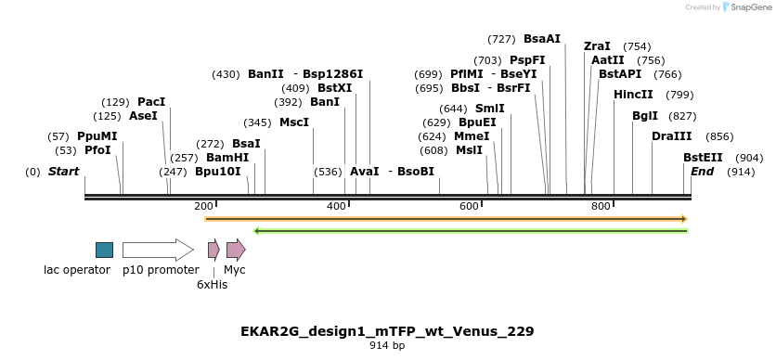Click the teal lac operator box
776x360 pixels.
point(104,250)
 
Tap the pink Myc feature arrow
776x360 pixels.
point(236,250)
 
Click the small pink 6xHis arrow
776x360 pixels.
point(213,250)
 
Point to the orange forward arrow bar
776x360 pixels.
point(446,219)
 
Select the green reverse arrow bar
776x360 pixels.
point(471,230)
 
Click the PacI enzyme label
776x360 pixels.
point(151,101)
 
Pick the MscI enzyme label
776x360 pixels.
point(294,122)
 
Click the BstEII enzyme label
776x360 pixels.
point(703,158)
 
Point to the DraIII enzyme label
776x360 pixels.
point(671,136)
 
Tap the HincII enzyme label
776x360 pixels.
point(633,95)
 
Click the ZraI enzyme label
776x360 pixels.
point(597,46)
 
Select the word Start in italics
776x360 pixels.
point(63,172)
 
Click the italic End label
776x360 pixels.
point(702,172)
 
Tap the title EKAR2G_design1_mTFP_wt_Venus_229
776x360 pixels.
point(387,331)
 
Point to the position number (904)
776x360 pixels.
point(749,158)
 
